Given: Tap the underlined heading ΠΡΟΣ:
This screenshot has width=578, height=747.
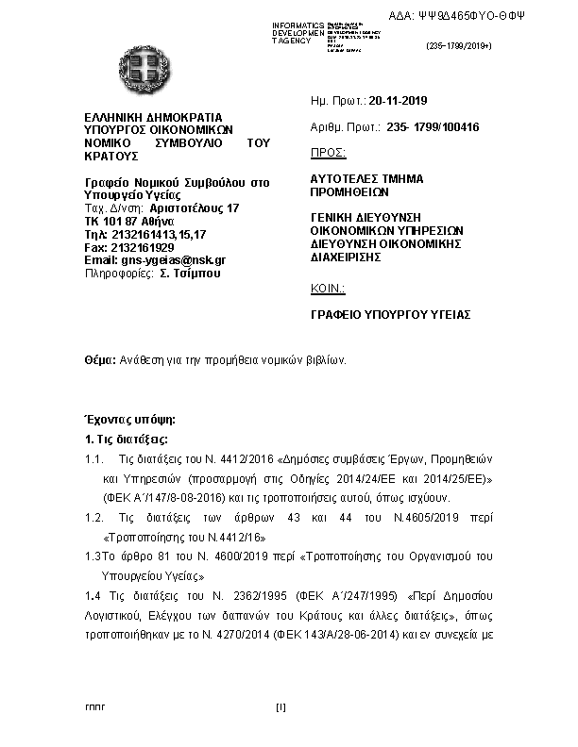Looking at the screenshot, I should [x=328, y=152].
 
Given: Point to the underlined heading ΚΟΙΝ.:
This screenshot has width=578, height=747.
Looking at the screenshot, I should [x=328, y=289].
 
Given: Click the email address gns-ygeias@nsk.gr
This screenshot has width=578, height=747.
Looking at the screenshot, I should [x=155, y=260].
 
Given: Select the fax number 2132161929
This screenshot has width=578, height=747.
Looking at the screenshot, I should [x=143, y=247].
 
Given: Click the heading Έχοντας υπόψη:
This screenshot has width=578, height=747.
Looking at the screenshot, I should [x=130, y=418].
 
